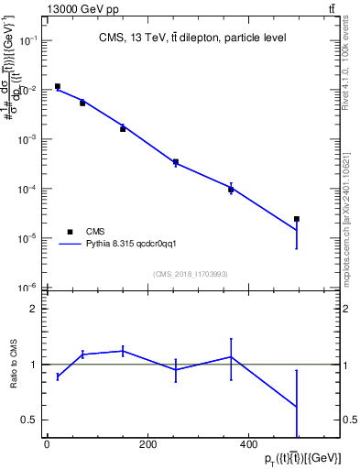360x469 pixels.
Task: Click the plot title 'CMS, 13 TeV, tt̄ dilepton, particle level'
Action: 192,38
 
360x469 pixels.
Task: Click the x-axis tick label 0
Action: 47,445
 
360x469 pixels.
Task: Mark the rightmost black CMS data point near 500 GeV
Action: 297,219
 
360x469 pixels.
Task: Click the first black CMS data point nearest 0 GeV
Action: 57,87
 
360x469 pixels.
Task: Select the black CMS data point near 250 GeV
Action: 175,161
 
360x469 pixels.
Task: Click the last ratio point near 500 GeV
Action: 297,406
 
